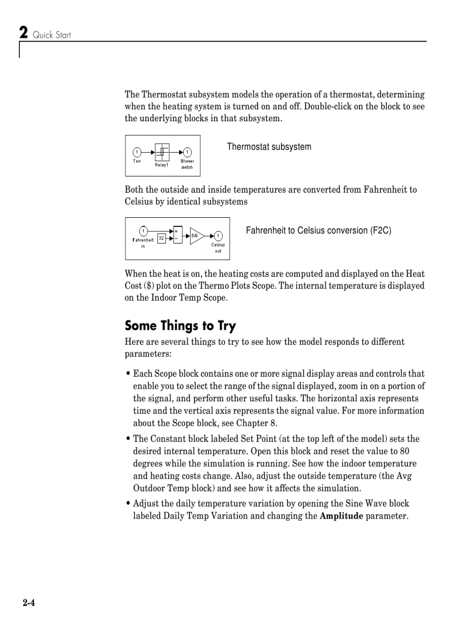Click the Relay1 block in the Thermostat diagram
(162, 151)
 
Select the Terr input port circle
(137, 152)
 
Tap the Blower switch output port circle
(187, 152)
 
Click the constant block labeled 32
(161, 237)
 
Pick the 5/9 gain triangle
(196, 236)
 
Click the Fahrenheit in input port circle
(144, 231)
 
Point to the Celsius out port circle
(218, 236)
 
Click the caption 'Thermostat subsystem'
(269, 147)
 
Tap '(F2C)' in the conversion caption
(381, 230)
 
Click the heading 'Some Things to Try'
(180, 326)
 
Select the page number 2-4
(29, 603)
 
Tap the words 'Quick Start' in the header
(52, 35)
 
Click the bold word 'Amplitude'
(341, 516)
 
